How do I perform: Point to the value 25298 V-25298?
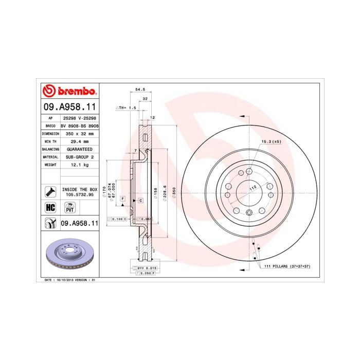pyautogui.click(x=79, y=118)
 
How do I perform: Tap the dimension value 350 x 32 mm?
pyautogui.click(x=79, y=133)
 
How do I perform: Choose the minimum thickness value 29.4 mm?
pyautogui.click(x=79, y=141)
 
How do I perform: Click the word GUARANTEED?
pyautogui.click(x=79, y=149)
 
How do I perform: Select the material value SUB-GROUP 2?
pyautogui.click(x=79, y=156)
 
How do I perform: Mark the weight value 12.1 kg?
pyautogui.click(x=79, y=165)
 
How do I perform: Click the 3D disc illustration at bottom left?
pyautogui.click(x=69, y=254)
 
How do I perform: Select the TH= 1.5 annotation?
pyautogui.click(x=126, y=108)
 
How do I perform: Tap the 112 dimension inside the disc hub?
pyautogui.click(x=253, y=188)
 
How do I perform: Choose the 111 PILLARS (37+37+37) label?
pyautogui.click(x=288, y=267)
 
